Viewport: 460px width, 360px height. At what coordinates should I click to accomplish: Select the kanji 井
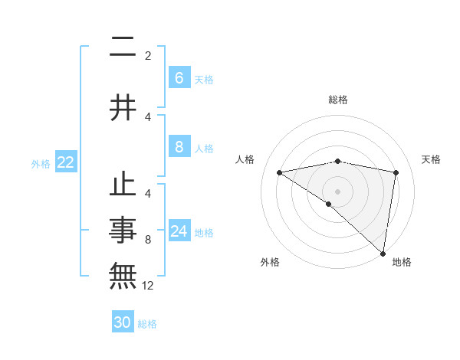click(123, 108)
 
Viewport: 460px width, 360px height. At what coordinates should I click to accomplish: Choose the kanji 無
click(123, 273)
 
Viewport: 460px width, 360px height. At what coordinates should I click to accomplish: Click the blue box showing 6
click(179, 78)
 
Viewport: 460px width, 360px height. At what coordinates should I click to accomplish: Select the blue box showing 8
click(179, 147)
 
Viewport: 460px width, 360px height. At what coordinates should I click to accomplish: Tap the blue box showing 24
click(179, 231)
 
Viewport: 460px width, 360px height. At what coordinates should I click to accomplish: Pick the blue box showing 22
click(66, 162)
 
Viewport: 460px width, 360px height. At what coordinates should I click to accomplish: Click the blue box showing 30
click(123, 322)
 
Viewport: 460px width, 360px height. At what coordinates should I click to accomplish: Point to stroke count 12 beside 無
click(149, 286)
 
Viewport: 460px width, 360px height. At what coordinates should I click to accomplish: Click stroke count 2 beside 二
click(148, 56)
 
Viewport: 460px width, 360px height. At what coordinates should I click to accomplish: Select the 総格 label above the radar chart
click(337, 100)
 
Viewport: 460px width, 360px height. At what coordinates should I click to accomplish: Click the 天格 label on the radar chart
click(432, 159)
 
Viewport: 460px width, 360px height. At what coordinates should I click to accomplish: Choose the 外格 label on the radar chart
click(270, 262)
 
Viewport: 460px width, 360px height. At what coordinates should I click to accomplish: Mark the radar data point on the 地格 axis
click(383, 252)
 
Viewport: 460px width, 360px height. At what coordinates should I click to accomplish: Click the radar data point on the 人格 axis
click(280, 172)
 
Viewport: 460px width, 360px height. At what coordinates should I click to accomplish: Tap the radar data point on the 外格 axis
click(328, 204)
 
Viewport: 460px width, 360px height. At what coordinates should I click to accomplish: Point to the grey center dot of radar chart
click(337, 191)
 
